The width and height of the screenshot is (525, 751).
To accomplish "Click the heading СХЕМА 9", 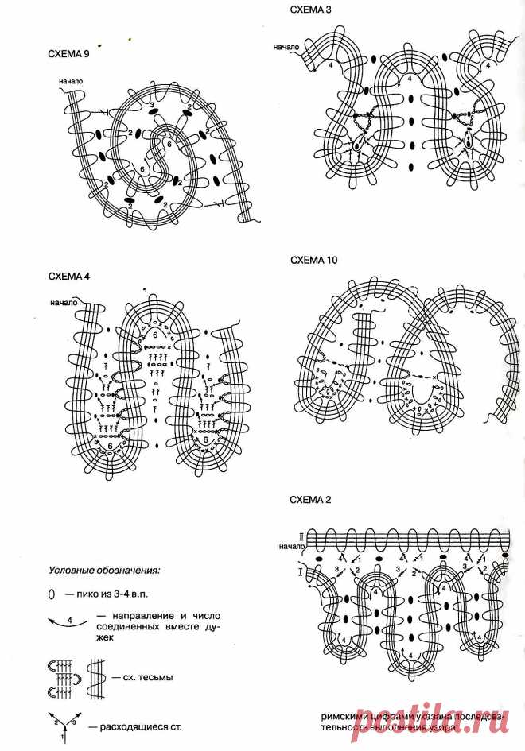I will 71,55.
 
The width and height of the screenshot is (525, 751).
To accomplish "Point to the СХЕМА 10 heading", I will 313,261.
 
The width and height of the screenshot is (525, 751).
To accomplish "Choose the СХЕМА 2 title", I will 310,500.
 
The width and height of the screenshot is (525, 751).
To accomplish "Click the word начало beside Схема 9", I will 70,82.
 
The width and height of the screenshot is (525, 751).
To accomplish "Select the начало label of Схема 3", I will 285,47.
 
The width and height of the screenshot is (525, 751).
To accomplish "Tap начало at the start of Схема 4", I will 62,302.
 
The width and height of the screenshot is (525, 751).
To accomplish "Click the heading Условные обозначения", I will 103,570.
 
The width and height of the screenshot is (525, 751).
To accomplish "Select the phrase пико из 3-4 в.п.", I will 108,594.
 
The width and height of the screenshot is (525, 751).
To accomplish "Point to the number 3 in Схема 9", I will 151,105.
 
